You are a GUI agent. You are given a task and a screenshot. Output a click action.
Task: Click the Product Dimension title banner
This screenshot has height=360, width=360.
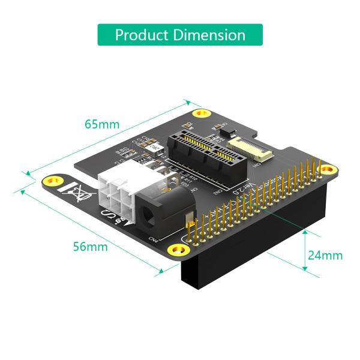pyautogui.click(x=180, y=35)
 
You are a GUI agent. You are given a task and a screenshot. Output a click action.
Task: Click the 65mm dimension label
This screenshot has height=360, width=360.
pyautogui.click(x=102, y=125)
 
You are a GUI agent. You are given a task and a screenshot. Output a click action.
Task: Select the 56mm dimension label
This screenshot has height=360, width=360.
pyautogui.click(x=91, y=247)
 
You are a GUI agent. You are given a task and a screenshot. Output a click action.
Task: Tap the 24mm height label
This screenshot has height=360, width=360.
pyautogui.click(x=325, y=255)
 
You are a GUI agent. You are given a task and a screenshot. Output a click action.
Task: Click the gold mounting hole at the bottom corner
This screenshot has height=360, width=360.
pyautogui.click(x=176, y=248)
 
